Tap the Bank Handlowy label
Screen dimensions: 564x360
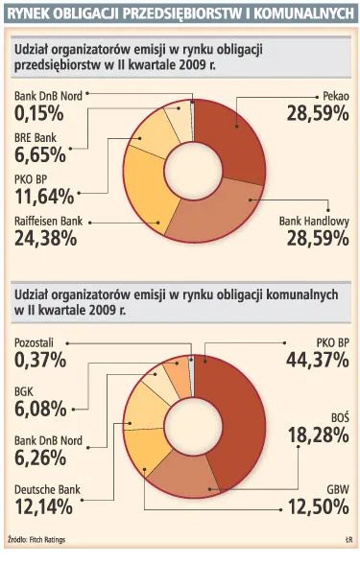313,221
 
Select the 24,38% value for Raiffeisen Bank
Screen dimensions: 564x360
45,238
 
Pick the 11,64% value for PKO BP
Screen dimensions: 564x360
45,198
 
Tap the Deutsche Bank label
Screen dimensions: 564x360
47,489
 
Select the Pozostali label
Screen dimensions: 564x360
38,342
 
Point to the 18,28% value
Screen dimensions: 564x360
315,437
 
